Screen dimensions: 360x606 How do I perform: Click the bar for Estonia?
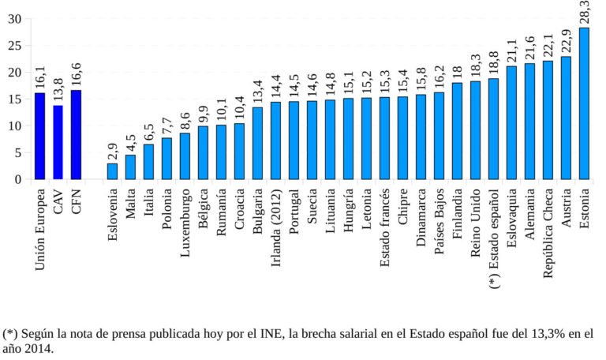pos(584,103)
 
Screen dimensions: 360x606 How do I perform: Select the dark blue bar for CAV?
pos(58,142)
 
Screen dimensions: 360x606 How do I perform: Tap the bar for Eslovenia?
pos(112,171)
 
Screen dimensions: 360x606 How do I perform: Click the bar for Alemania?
pos(529,122)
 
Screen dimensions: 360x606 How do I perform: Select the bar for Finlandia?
pos(457,131)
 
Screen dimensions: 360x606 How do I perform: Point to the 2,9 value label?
pos(112,150)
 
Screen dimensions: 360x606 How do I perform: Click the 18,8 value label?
pos(493,61)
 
